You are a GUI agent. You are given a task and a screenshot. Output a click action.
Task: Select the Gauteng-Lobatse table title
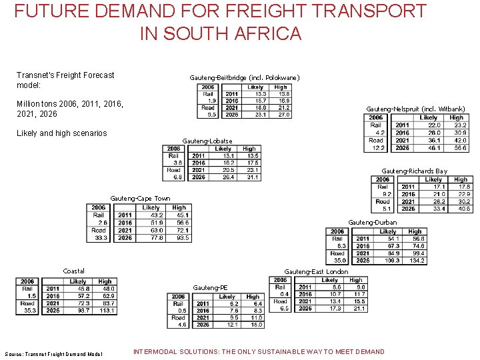pos(207,141)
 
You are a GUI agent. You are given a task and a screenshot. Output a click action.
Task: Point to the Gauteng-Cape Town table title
pos(140,198)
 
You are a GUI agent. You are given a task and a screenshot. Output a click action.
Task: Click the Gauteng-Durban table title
pos(372,222)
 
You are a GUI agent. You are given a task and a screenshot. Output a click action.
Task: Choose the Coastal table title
pos(74,271)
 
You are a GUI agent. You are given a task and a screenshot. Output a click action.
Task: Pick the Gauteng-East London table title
pos(316,271)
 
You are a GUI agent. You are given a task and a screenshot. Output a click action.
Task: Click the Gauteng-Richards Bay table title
pos(414,171)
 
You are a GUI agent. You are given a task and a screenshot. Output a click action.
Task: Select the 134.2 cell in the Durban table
pos(417,261)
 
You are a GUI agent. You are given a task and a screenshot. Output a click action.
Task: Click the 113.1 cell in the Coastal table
pos(106,311)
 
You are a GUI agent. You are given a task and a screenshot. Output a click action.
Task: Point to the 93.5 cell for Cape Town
pos(181,237)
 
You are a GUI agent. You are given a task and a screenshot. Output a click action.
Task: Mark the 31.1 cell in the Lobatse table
pos(251,177)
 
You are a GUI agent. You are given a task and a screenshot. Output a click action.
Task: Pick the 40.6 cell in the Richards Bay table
pos(462,209)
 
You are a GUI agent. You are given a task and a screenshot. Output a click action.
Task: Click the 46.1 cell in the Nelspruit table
pos(433,148)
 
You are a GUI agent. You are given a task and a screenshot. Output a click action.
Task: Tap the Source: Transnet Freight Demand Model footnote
pos(53,353)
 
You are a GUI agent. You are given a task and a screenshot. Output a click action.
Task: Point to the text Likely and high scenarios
pos(61,133)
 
